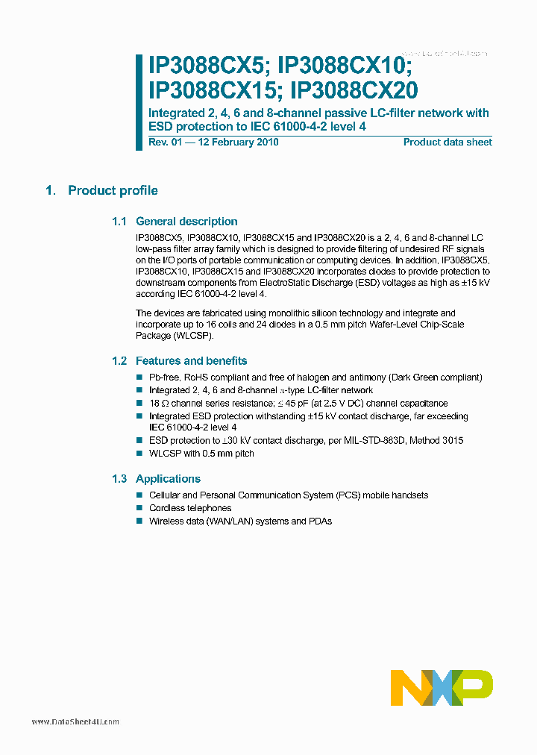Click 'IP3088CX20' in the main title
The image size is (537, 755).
coord(354,90)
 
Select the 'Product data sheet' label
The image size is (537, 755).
coord(447,142)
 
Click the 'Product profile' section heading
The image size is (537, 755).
coord(113,190)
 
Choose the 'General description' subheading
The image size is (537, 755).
coord(186,222)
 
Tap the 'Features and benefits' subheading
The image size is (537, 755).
coord(191,360)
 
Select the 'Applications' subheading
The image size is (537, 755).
coord(168,479)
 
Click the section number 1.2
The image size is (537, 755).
coord(119,360)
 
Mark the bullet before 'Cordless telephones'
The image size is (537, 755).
coord(139,508)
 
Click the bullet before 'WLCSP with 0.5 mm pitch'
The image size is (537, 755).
coord(139,454)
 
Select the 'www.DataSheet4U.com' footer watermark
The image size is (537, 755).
coord(75,721)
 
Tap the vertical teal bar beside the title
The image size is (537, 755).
coord(139,102)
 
